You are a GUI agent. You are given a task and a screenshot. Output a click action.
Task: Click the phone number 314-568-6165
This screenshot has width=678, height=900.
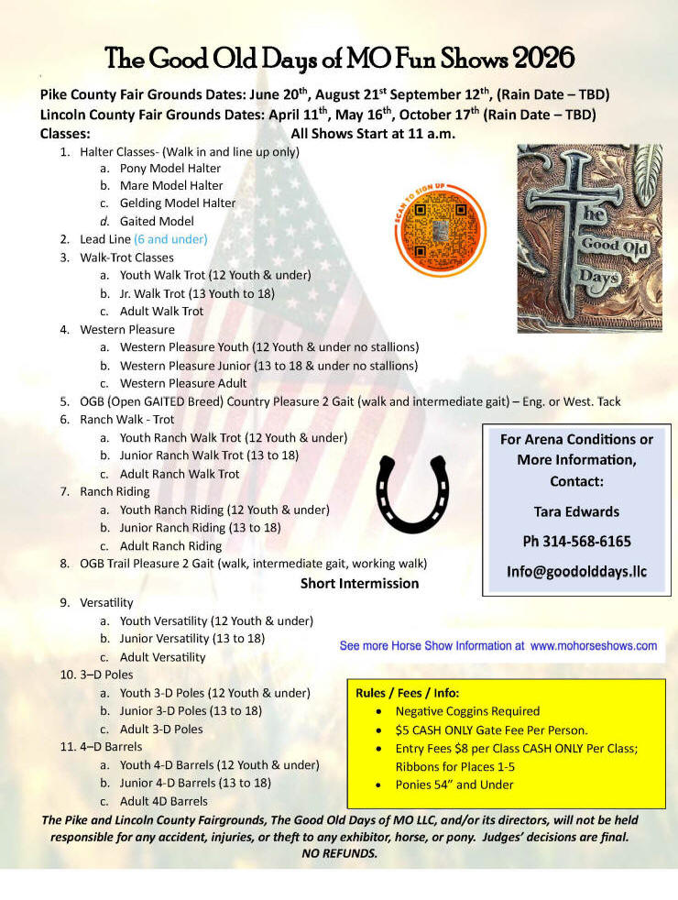point(576,541)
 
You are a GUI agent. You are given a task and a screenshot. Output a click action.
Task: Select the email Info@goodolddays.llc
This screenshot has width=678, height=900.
point(576,571)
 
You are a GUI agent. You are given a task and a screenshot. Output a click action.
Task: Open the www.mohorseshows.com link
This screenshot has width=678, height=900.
point(594,645)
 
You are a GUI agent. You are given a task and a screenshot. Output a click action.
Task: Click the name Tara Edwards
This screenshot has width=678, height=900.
point(576,511)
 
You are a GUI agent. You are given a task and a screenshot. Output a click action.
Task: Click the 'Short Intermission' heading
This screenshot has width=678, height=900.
point(359,583)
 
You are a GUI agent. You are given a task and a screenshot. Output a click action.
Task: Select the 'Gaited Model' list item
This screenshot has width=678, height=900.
point(157,221)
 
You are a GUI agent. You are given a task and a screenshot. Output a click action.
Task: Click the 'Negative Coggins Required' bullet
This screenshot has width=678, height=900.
point(467,711)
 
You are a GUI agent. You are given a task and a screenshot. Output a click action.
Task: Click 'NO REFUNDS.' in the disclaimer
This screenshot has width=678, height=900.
point(339,852)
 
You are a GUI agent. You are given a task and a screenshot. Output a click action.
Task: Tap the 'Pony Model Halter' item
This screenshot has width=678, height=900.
point(169,168)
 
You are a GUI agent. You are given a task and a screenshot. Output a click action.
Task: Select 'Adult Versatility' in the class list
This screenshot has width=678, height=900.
point(162,656)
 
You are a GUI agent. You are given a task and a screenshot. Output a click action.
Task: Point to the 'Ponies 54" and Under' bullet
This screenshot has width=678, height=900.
point(454,785)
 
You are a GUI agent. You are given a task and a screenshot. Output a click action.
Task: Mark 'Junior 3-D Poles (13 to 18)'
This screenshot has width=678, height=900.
point(191,710)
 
